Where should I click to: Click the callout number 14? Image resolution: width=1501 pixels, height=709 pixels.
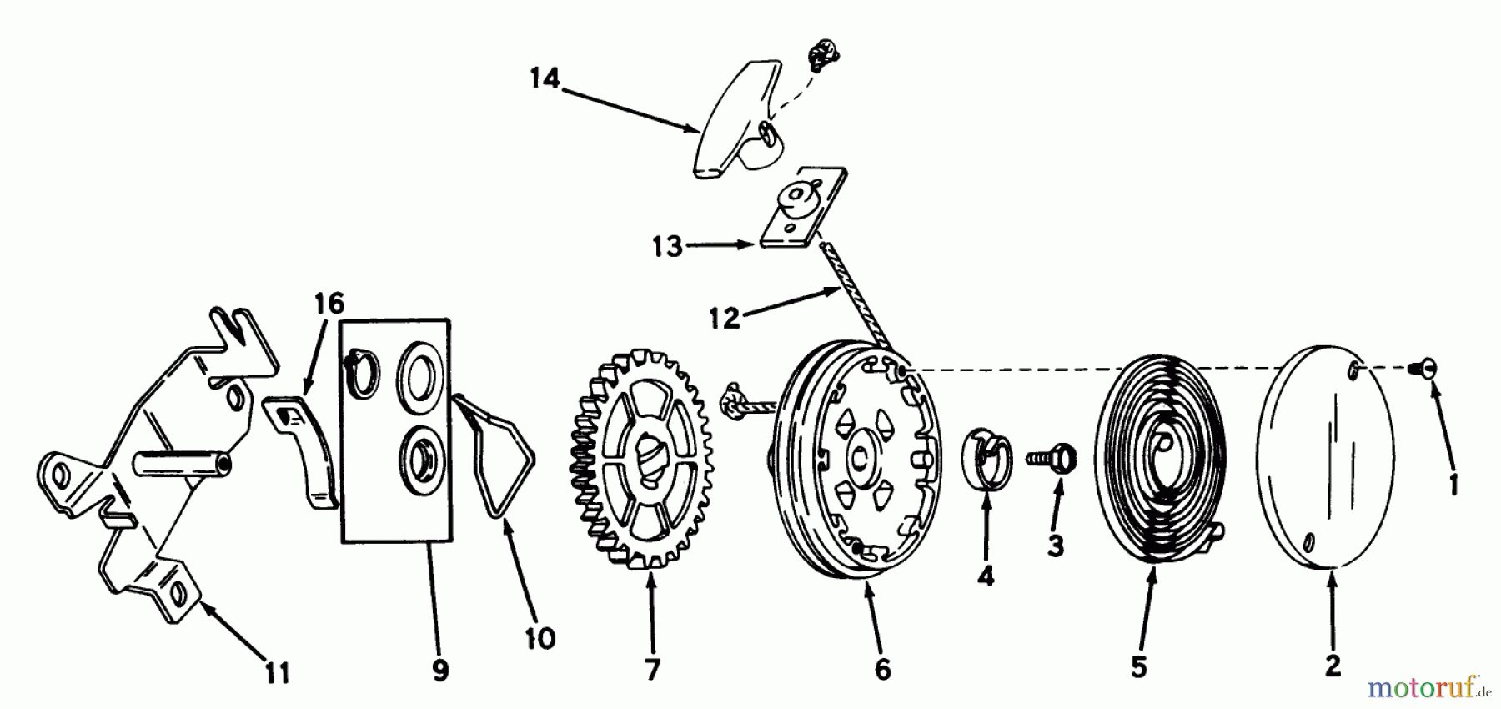545,80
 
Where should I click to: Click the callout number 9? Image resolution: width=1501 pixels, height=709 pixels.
440,670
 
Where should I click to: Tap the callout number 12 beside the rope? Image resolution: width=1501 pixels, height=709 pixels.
725,318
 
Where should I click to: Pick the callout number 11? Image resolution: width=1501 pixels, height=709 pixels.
278,672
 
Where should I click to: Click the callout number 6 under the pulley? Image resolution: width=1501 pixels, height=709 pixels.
883,669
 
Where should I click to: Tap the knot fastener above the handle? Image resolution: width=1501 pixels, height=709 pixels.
821,59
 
